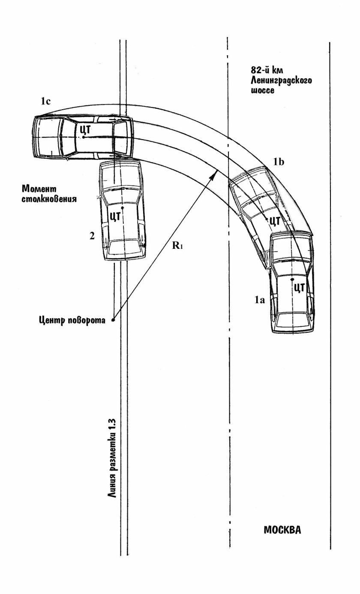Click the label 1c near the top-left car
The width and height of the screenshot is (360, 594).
[x=45, y=101]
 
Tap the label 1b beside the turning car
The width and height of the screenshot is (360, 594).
[x=279, y=161]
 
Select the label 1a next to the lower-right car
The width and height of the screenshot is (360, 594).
[x=260, y=300]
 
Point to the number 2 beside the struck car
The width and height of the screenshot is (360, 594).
[x=92, y=236]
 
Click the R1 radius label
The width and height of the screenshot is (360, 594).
[x=178, y=245]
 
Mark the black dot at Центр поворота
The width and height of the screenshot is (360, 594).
[x=113, y=320]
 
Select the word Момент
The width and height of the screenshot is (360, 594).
[x=39, y=189]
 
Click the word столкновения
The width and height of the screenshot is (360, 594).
[x=49, y=199]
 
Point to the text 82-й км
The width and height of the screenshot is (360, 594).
[x=267, y=70]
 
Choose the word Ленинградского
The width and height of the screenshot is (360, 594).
[x=281, y=80]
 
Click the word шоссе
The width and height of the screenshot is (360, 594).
[x=262, y=90]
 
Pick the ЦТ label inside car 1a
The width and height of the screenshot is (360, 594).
[x=300, y=288]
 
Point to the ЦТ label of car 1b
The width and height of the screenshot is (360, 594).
[x=275, y=221]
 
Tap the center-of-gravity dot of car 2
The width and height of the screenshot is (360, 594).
[x=122, y=207]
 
